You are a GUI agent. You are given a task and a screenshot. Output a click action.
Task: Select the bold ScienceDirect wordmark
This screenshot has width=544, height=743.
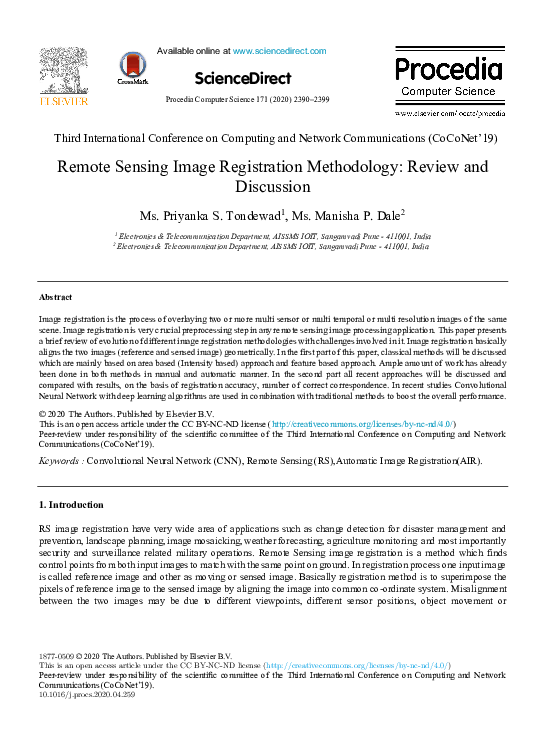pyautogui.click(x=243, y=78)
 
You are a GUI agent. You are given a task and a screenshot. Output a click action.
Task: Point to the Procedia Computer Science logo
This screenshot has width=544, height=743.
pyautogui.click(x=447, y=78)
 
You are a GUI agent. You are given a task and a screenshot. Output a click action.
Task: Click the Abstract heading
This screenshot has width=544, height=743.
pyautogui.click(x=55, y=298)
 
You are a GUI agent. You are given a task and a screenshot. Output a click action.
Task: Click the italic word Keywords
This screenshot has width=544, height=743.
pyautogui.click(x=58, y=462)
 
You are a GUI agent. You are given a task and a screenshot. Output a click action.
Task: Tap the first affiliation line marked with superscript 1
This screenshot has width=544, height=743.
pyautogui.click(x=271, y=235)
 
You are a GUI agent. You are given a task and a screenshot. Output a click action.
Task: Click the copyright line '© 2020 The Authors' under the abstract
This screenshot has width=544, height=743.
pyautogui.click(x=126, y=414)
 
